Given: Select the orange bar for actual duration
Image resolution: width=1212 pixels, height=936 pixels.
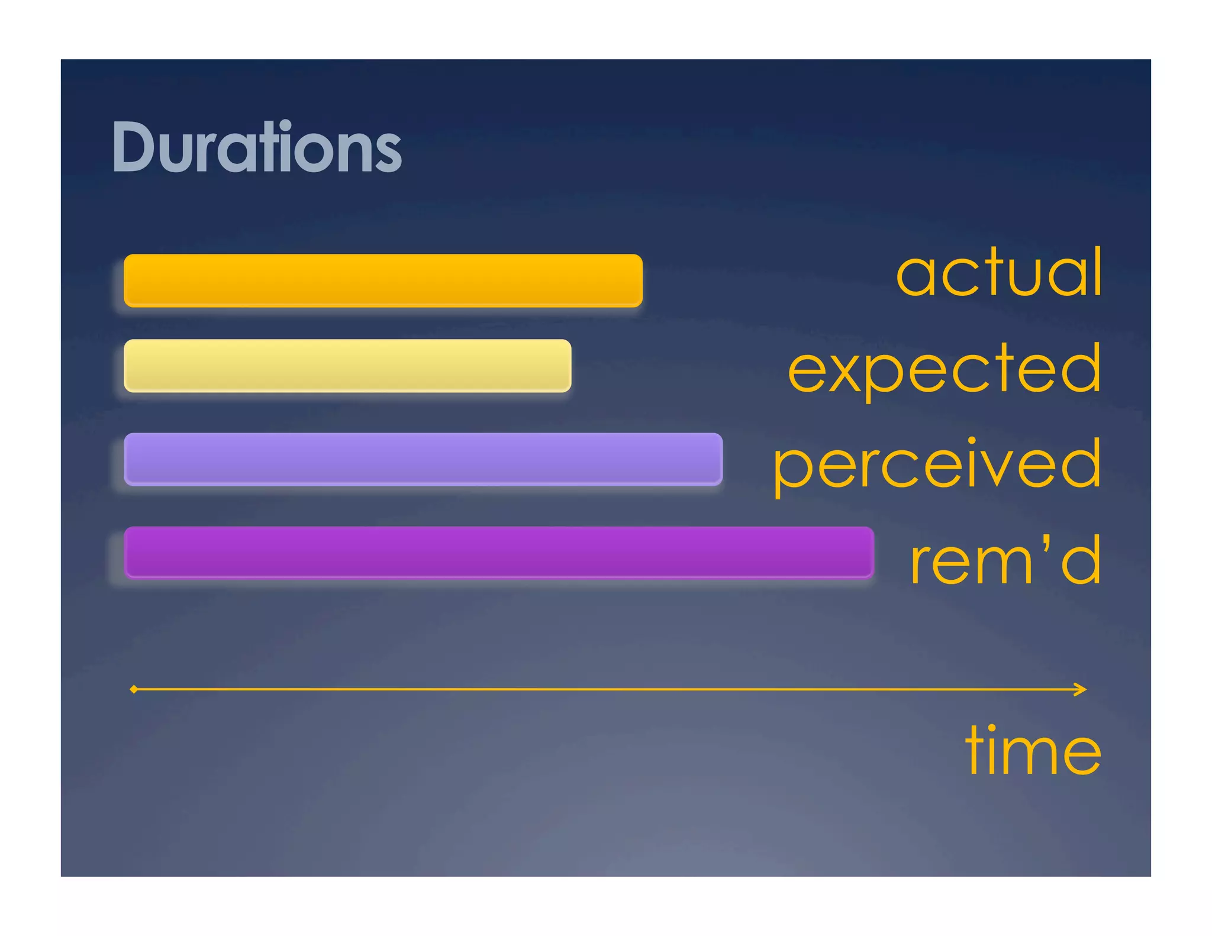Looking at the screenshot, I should tap(383, 280).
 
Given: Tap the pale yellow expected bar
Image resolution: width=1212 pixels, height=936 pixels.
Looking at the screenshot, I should tap(347, 366).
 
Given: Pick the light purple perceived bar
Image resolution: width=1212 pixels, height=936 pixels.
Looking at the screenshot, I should tap(423, 459).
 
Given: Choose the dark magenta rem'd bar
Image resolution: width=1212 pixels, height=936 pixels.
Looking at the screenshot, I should tap(499, 552).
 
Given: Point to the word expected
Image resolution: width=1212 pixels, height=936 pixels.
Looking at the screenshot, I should tap(944, 370).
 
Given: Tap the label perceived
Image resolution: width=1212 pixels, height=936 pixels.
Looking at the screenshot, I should tap(937, 466).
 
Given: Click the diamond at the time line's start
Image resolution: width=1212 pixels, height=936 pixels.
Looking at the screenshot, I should tap(134, 689).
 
